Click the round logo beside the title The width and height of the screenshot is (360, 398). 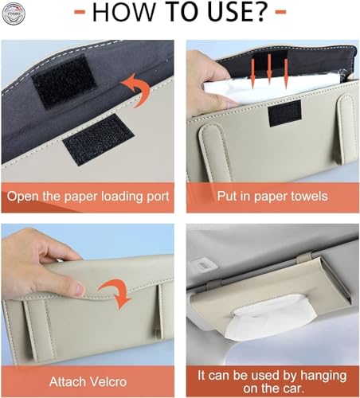click(14, 14)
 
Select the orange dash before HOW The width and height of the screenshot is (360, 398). click(80, 13)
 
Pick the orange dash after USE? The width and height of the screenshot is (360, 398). click(281, 12)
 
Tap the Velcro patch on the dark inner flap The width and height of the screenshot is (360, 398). click(64, 81)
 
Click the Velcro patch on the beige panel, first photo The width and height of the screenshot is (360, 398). click(99, 140)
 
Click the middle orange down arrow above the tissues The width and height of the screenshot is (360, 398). click(269, 69)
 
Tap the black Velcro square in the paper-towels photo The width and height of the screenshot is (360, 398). click(285, 113)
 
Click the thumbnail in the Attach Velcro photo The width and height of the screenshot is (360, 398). click(80, 290)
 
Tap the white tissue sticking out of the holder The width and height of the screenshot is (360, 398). click(271, 316)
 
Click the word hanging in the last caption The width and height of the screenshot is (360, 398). click(323, 377)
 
